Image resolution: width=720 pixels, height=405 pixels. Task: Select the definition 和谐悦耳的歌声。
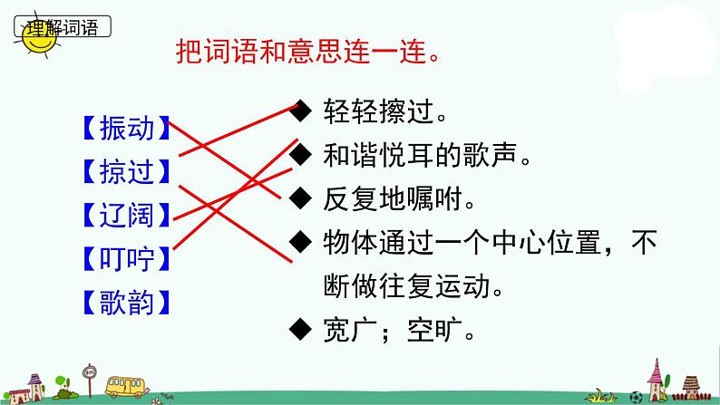[425, 156]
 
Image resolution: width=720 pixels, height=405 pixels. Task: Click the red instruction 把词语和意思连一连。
[310, 49]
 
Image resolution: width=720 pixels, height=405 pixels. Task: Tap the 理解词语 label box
[63, 26]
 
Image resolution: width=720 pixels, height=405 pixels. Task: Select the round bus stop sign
[89, 371]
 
